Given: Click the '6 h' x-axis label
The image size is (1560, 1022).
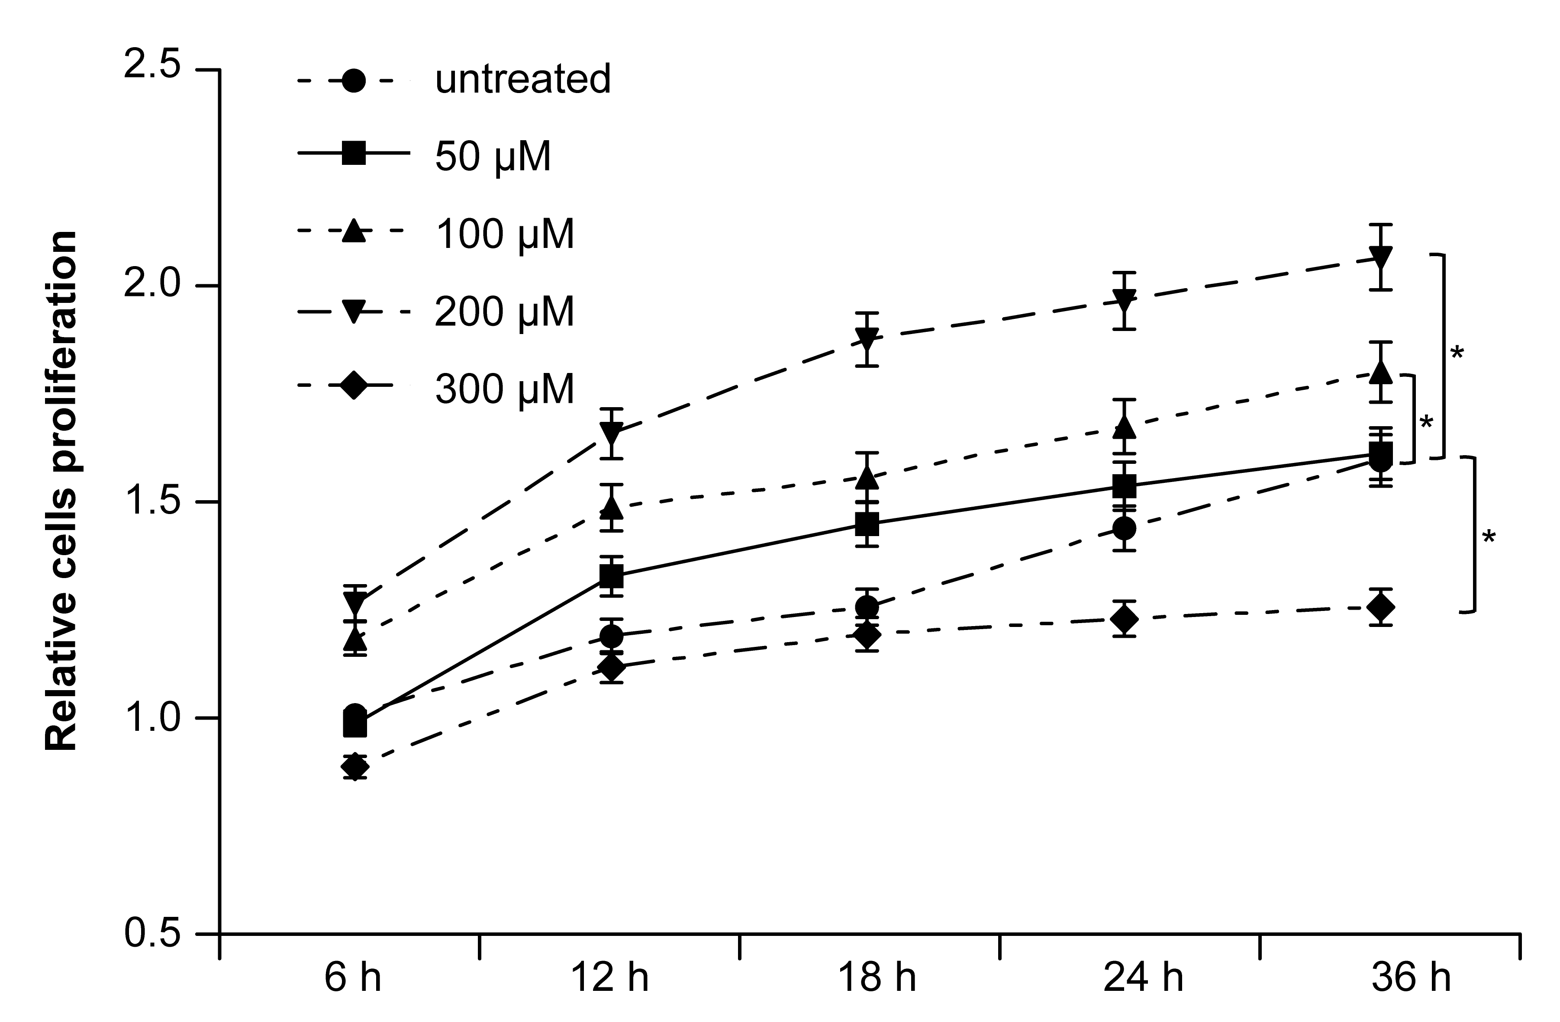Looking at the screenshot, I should coord(353,979).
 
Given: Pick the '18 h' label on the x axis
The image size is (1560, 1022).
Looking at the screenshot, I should coord(877,979).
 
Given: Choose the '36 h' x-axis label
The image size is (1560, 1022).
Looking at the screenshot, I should coord(1411,979).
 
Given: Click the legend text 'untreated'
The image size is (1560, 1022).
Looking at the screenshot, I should coord(522,79).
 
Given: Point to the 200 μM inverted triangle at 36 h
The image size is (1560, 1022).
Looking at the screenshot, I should coord(1380,257).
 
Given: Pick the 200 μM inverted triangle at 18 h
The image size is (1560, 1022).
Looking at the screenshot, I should coord(867,339).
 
